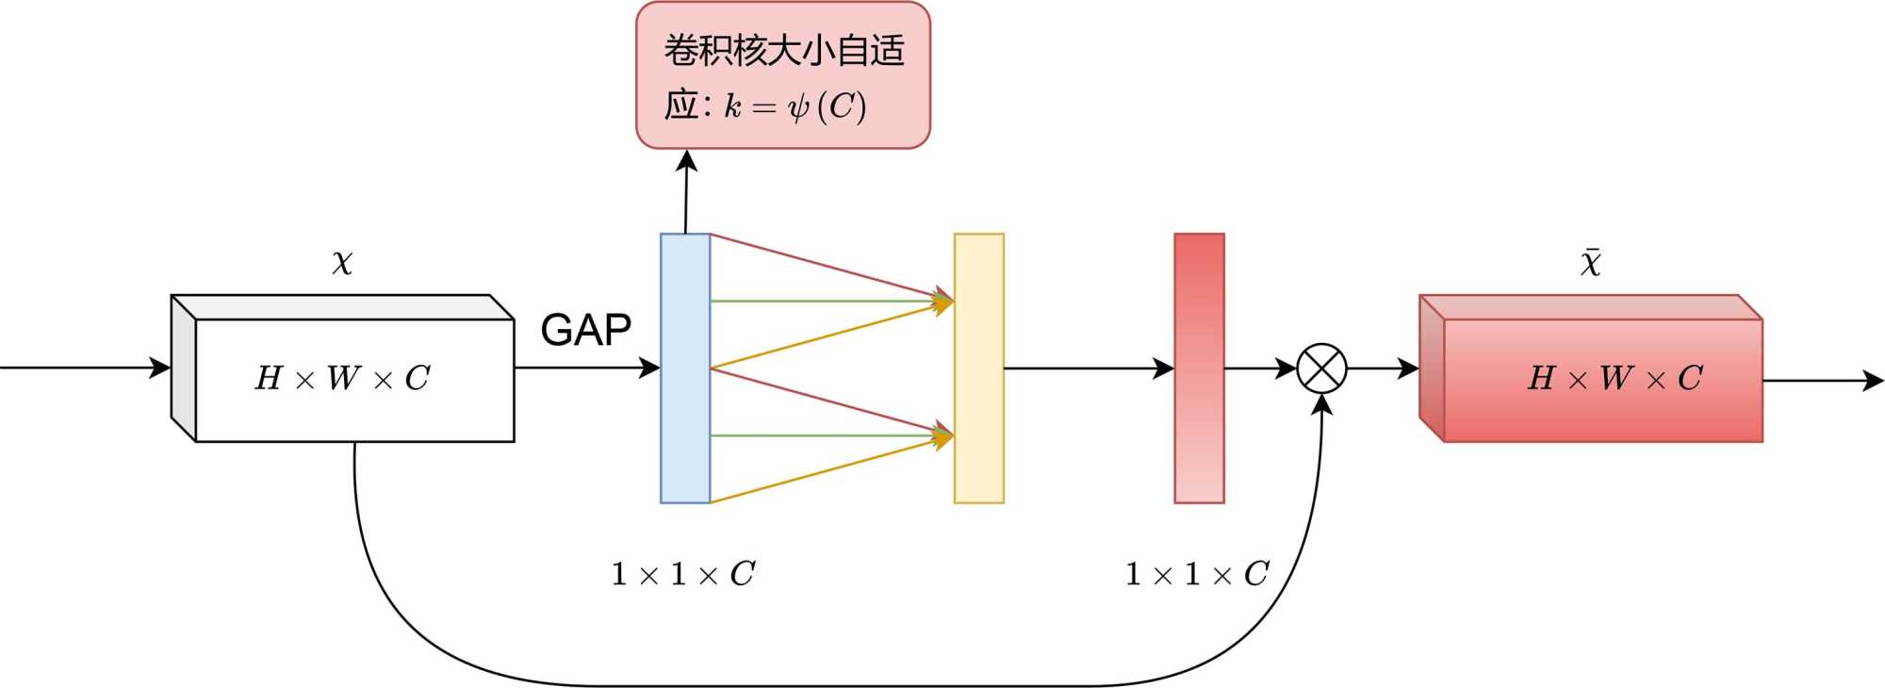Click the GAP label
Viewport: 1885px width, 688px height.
click(x=585, y=330)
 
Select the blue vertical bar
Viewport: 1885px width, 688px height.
click(x=685, y=369)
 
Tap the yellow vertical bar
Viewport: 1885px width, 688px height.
click(x=979, y=369)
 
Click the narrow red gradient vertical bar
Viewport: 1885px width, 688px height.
click(x=1199, y=369)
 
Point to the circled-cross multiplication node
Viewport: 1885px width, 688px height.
click(x=1321, y=369)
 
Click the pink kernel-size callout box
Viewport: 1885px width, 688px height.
click(x=783, y=75)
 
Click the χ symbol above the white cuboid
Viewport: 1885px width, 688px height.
click(x=342, y=262)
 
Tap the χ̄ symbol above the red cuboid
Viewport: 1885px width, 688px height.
click(x=1591, y=262)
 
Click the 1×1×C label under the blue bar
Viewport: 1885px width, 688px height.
click(x=683, y=573)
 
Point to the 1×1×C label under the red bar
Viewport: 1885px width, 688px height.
click(x=1197, y=573)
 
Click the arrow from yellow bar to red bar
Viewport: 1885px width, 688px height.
click(x=1084, y=369)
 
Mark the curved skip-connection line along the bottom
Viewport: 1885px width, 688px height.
click(x=754, y=685)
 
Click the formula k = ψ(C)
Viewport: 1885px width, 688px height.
click(x=795, y=106)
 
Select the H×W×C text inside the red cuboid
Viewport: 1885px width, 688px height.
click(x=1615, y=379)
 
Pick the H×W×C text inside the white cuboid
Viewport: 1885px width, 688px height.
click(x=343, y=379)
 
